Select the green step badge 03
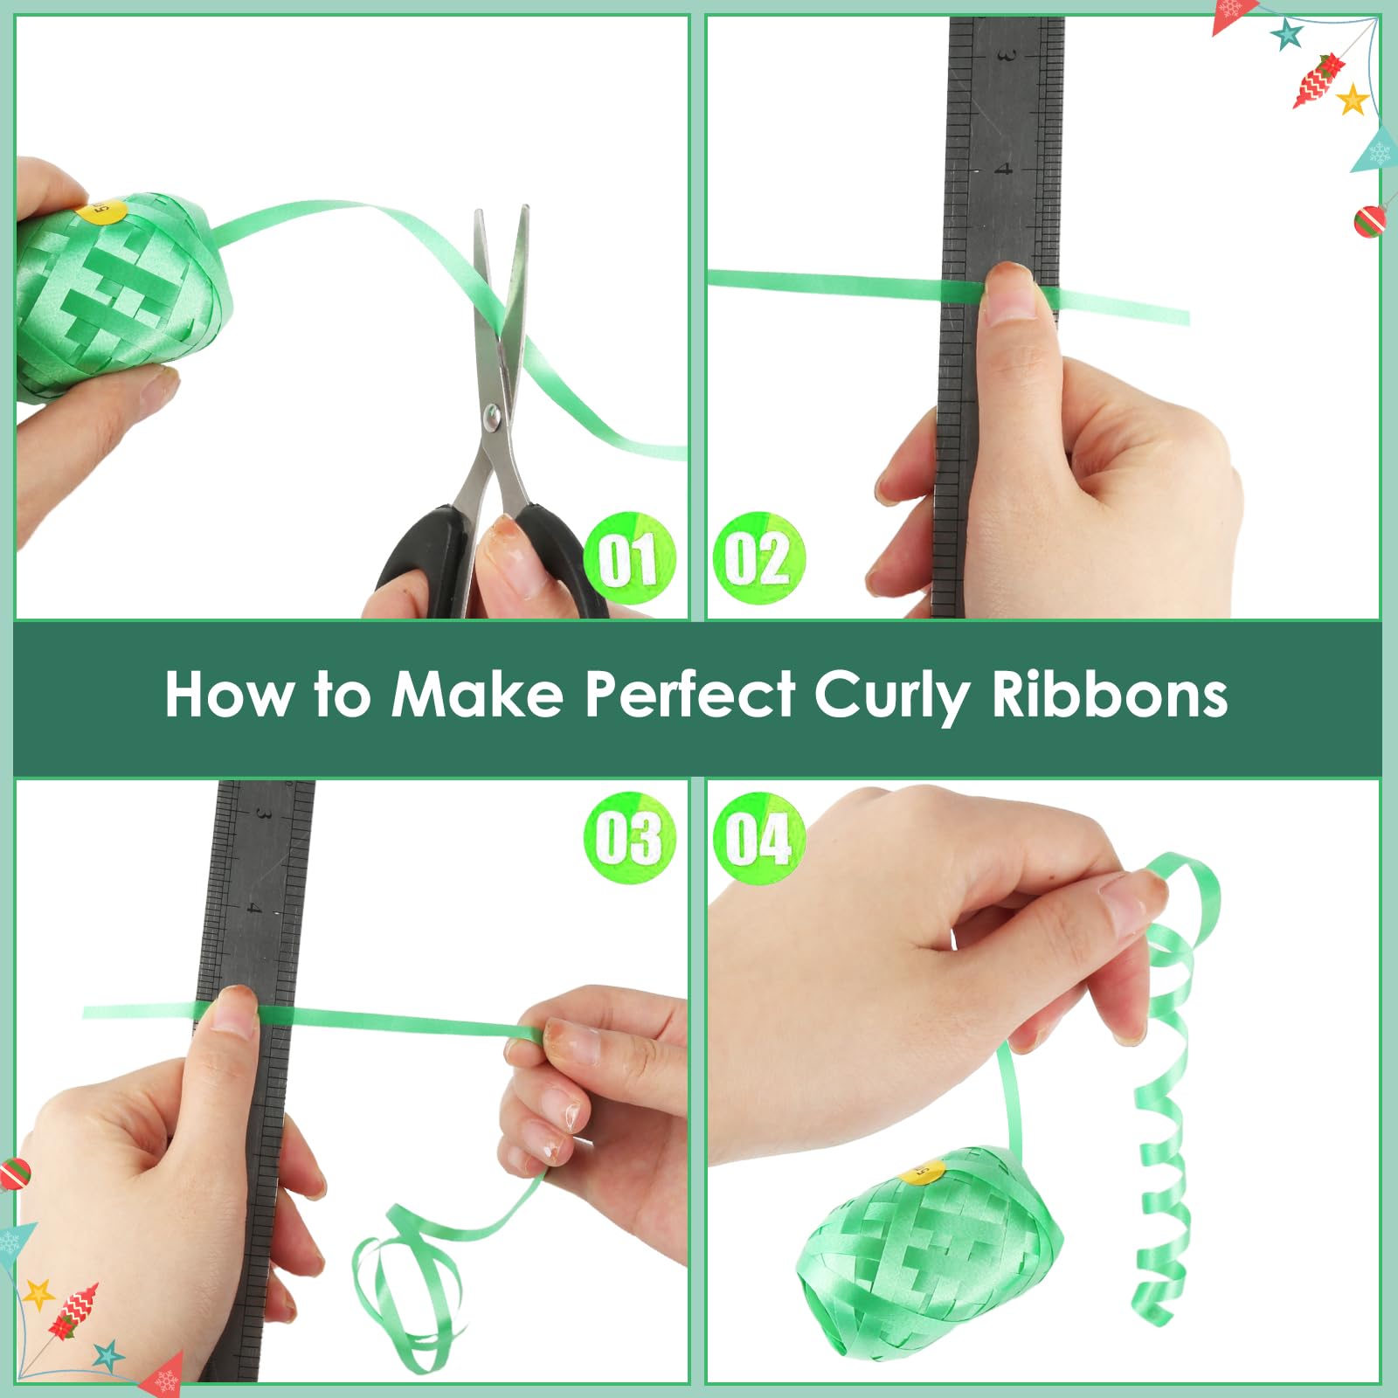pyautogui.click(x=630, y=838)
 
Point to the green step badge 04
pyautogui.click(x=758, y=838)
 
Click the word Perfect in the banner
pyautogui.click(x=690, y=695)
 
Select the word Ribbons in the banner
pyautogui.click(x=1110, y=695)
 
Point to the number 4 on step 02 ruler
pyautogui.click(x=1005, y=167)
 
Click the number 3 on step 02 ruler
pyautogui.click(x=1006, y=56)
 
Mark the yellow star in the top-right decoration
pyautogui.click(x=1353, y=99)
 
